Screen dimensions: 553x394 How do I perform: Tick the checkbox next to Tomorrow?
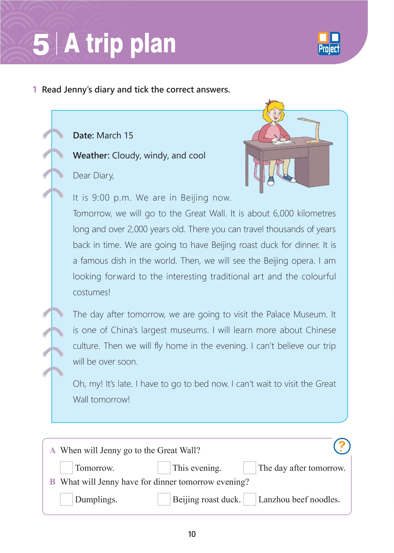pyautogui.click(x=66, y=468)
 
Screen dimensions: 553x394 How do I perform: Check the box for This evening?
pyautogui.click(x=164, y=468)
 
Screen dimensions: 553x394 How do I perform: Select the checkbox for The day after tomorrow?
pyautogui.click(x=249, y=468)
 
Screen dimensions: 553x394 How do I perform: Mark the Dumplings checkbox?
pyautogui.click(x=66, y=499)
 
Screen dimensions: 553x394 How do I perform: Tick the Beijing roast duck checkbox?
pyautogui.click(x=164, y=499)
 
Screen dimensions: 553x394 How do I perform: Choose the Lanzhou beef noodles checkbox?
pyautogui.click(x=249, y=499)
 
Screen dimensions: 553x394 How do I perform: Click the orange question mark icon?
pyautogui.click(x=342, y=446)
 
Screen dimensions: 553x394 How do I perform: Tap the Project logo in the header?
pyautogui.click(x=329, y=44)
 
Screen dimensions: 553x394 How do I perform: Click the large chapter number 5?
pyautogui.click(x=41, y=45)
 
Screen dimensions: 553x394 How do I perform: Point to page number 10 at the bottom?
pyautogui.click(x=192, y=534)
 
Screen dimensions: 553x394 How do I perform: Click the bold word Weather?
pyautogui.click(x=91, y=156)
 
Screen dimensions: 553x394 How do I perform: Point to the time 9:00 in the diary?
pyautogui.click(x=101, y=198)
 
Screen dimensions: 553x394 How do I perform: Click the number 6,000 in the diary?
pyautogui.click(x=283, y=213)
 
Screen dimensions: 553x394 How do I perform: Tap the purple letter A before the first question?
pyautogui.click(x=53, y=450)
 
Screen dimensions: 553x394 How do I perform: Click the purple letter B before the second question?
pyautogui.click(x=53, y=482)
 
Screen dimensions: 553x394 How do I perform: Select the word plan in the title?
pyautogui.click(x=153, y=44)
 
